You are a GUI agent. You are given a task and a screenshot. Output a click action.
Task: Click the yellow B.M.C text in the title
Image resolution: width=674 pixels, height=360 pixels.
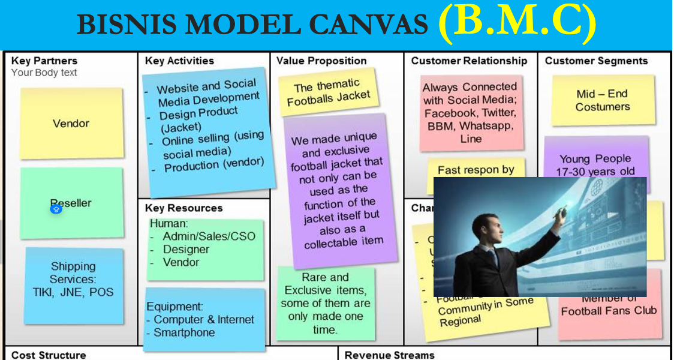click(x=517, y=24)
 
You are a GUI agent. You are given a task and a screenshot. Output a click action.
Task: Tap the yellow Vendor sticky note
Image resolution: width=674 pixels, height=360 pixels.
click(x=71, y=124)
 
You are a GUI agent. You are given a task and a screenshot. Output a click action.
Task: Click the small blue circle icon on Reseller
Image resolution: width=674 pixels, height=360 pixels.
click(x=56, y=209)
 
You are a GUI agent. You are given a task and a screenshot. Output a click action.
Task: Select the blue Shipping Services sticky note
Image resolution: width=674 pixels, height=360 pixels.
click(x=73, y=280)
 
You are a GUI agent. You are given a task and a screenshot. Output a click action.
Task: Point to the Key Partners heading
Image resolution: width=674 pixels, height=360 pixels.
click(x=44, y=61)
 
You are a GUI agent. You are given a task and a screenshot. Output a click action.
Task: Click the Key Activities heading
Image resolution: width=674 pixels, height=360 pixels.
click(x=179, y=61)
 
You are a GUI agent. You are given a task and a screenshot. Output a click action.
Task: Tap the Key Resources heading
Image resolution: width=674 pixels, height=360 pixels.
click(x=183, y=208)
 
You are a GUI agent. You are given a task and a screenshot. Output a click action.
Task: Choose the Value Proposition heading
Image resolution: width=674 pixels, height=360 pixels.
click(x=321, y=61)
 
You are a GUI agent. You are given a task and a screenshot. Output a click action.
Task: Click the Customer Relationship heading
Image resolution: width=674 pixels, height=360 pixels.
click(x=469, y=61)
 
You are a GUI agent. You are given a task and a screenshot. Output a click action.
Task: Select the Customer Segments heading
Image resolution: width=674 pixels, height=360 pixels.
click(x=596, y=61)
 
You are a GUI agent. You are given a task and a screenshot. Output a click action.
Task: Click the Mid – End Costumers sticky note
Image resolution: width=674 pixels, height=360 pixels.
click(x=603, y=100)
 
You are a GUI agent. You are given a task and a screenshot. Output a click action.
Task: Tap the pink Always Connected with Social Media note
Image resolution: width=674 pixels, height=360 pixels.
click(x=470, y=112)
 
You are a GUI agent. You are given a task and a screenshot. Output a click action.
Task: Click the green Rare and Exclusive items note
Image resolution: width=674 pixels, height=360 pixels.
click(x=326, y=303)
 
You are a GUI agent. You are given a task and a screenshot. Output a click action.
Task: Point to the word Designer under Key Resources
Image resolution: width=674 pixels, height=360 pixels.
click(x=186, y=249)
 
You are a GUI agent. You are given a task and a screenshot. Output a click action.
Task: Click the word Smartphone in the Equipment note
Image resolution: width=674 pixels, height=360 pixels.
click(x=184, y=332)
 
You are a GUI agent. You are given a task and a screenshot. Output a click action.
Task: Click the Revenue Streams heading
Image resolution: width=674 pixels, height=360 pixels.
click(x=389, y=355)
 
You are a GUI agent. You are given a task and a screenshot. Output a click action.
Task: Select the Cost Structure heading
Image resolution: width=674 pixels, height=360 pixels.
click(x=49, y=355)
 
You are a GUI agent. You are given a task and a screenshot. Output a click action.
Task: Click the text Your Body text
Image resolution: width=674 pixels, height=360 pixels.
click(x=44, y=73)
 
